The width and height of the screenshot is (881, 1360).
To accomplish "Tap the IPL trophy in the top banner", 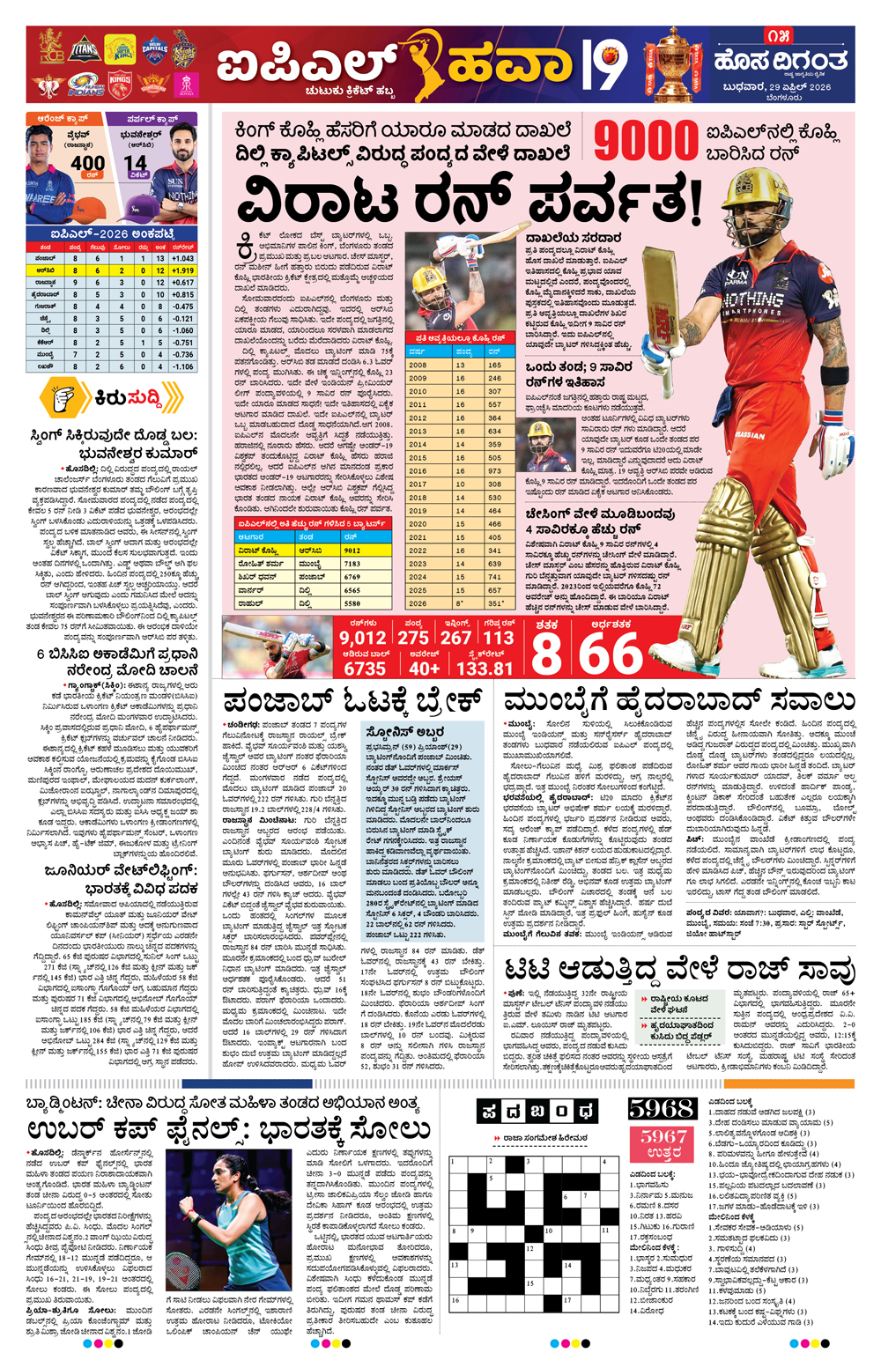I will [x=674, y=63].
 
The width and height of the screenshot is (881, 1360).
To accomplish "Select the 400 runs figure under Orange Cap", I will [x=87, y=164].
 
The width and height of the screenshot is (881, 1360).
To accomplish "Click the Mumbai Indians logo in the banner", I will [x=85, y=85].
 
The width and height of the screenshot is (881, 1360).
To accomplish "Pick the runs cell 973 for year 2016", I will [x=494, y=471].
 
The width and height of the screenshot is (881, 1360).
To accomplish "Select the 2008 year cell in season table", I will [x=418, y=365].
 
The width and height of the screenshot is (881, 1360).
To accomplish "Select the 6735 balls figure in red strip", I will [x=365, y=668].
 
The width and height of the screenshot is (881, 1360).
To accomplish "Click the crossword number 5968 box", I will [x=663, y=1109].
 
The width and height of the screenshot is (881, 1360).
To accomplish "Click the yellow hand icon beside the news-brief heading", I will [x=64, y=399].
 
